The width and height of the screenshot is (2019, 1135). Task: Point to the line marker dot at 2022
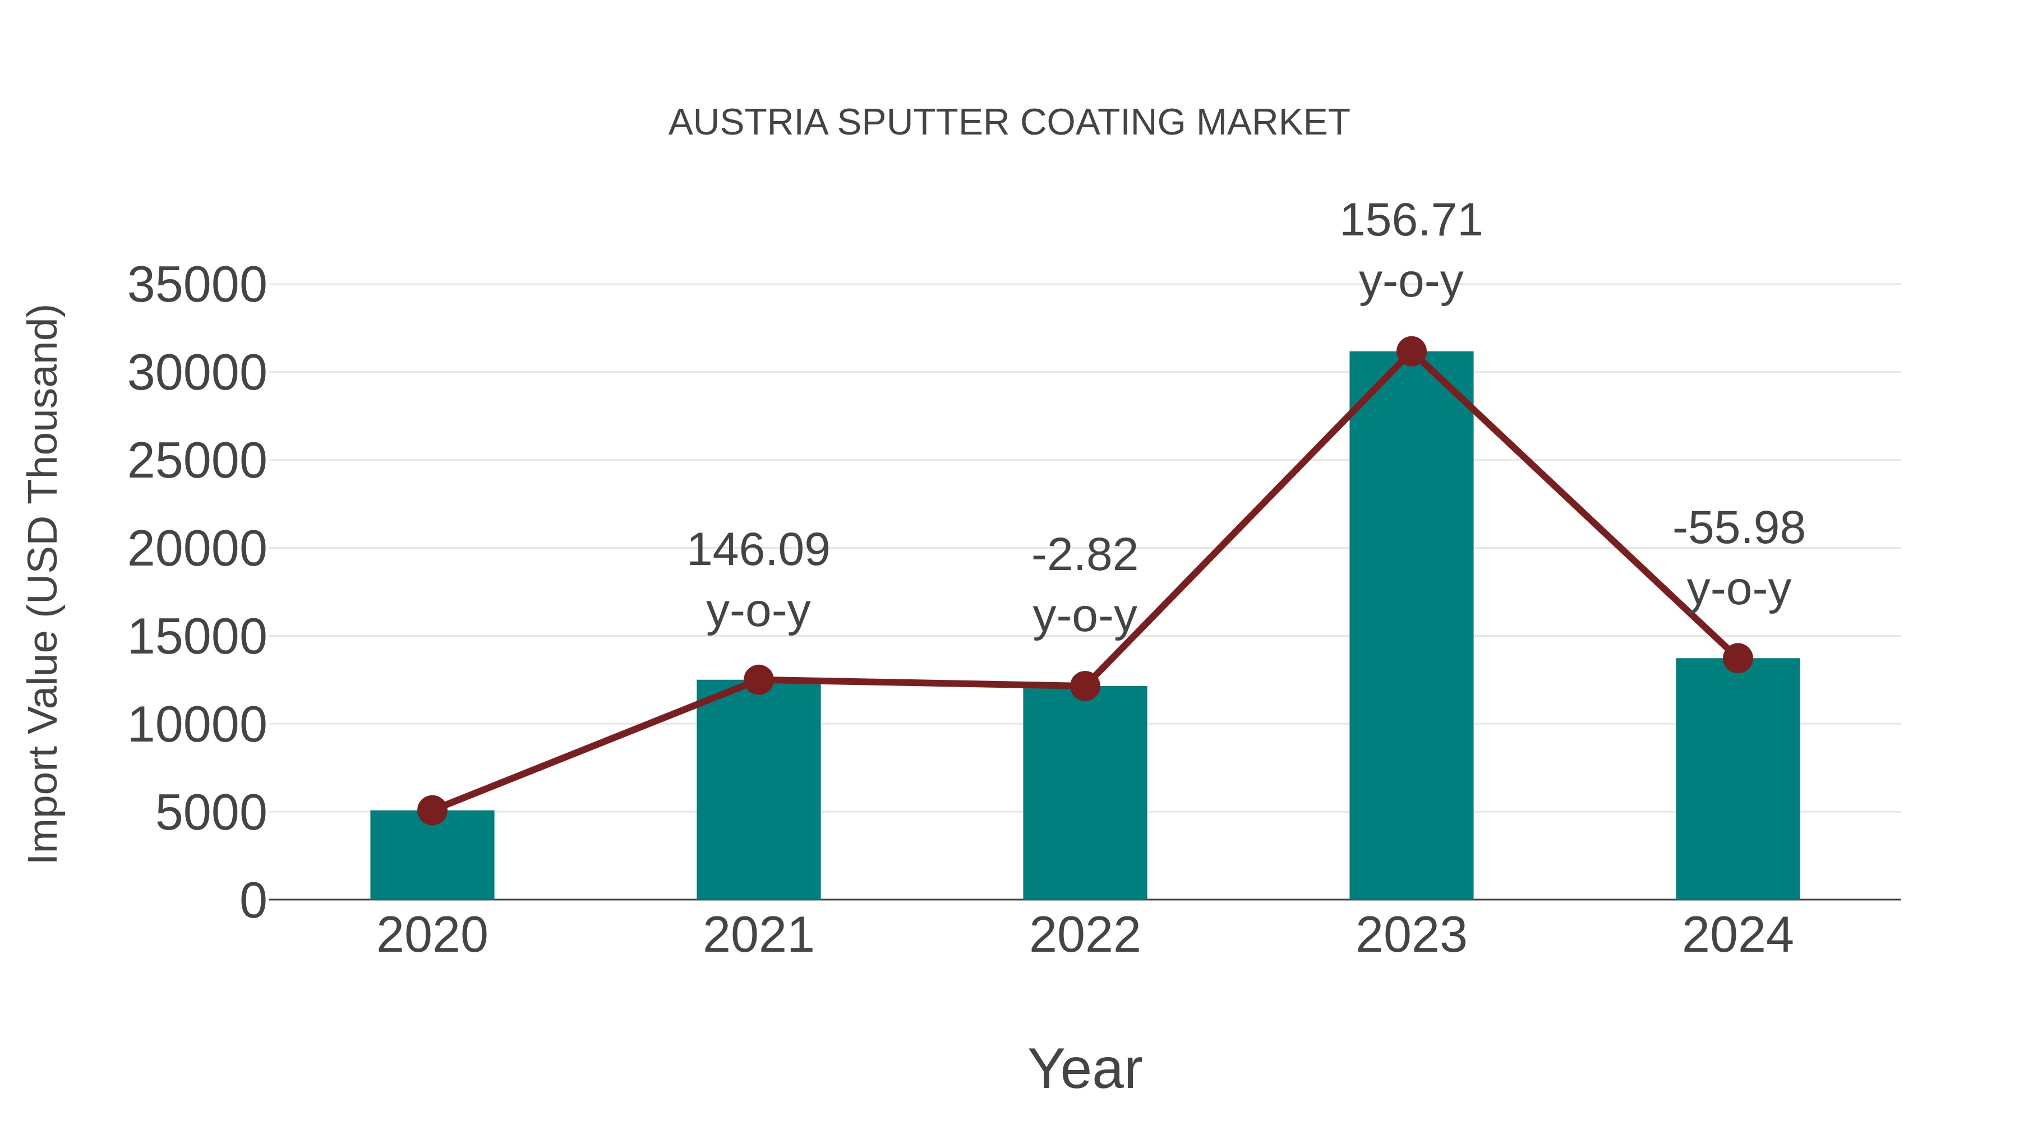coord(1085,686)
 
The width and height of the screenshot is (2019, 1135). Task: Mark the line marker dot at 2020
coord(432,810)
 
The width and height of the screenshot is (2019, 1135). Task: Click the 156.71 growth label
coord(1411,221)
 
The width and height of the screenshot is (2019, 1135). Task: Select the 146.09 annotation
coord(758,550)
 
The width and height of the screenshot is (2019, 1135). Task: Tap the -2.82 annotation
coord(1085,555)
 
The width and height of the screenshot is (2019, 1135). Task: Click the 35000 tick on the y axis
coord(197,285)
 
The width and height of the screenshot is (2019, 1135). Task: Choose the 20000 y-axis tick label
coord(197,549)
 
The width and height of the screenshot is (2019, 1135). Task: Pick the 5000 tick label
coord(211,813)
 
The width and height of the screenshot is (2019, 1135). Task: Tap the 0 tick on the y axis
coord(253,901)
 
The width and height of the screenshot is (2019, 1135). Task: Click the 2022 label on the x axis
coord(1085,936)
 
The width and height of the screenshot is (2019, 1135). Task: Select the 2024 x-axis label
coord(1737,936)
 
